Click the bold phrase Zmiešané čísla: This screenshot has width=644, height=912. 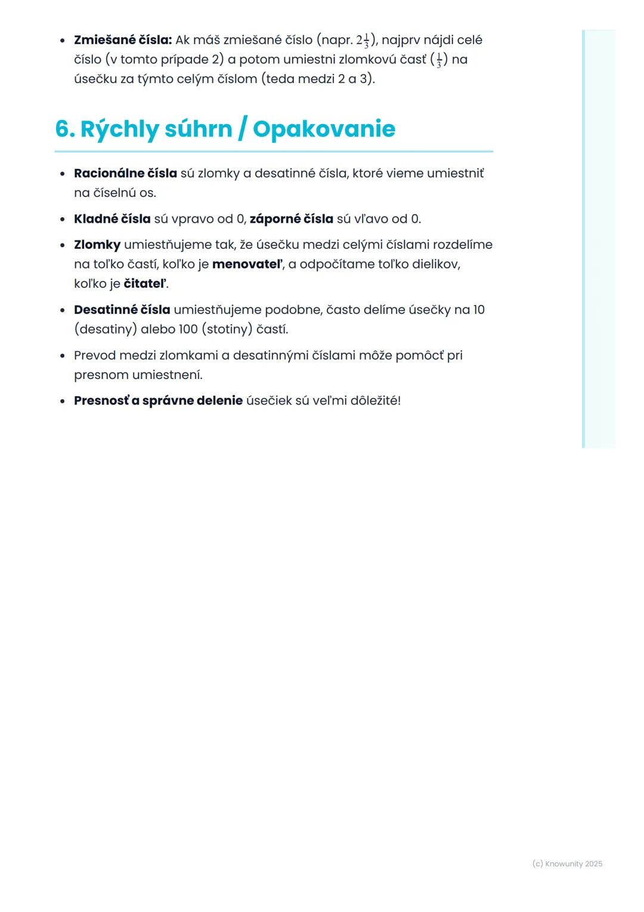coord(122,40)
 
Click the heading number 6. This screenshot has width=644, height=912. coord(64,129)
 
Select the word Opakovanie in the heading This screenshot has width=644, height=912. coord(324,129)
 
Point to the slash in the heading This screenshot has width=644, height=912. coord(242,130)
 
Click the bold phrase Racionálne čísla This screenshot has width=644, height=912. coord(125,173)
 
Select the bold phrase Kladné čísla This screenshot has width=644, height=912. coord(112,219)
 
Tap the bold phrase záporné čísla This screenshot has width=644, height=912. coord(291,219)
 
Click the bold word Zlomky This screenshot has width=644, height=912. coord(97,245)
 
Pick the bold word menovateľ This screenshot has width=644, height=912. coord(247,264)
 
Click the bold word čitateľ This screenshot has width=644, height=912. coord(145,284)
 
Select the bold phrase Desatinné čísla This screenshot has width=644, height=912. coord(122,310)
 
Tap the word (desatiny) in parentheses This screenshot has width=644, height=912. coord(106,329)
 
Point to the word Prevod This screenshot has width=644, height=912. coord(95,356)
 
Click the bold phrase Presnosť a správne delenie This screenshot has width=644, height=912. coord(158,400)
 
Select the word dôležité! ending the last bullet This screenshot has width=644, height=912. coord(375,400)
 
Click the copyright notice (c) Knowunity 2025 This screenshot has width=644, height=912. coord(567,864)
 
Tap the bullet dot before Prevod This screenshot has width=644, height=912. coord(63,356)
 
